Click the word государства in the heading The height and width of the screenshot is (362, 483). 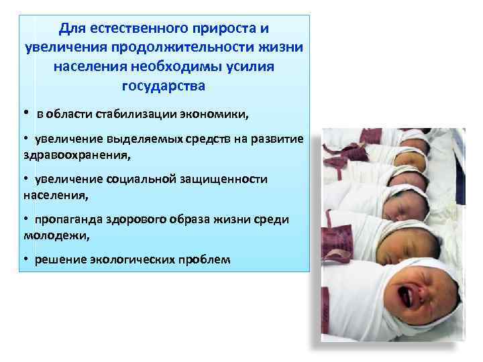164,86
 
